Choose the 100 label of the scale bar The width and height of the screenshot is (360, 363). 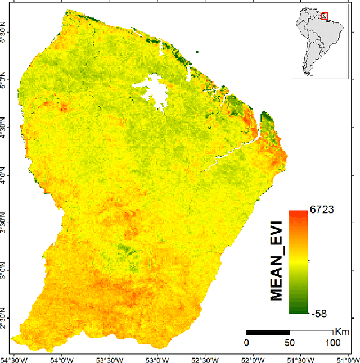pyautogui.click(x=333, y=343)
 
